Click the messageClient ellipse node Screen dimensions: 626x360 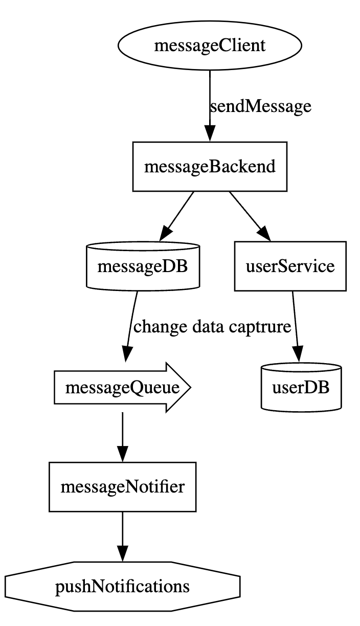[x=210, y=46]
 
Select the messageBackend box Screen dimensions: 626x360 [x=210, y=167]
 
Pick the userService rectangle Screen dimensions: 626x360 [x=289, y=266]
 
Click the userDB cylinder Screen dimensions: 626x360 [x=301, y=388]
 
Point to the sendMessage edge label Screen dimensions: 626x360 [x=260, y=106]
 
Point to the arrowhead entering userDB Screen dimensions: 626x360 [x=299, y=356]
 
